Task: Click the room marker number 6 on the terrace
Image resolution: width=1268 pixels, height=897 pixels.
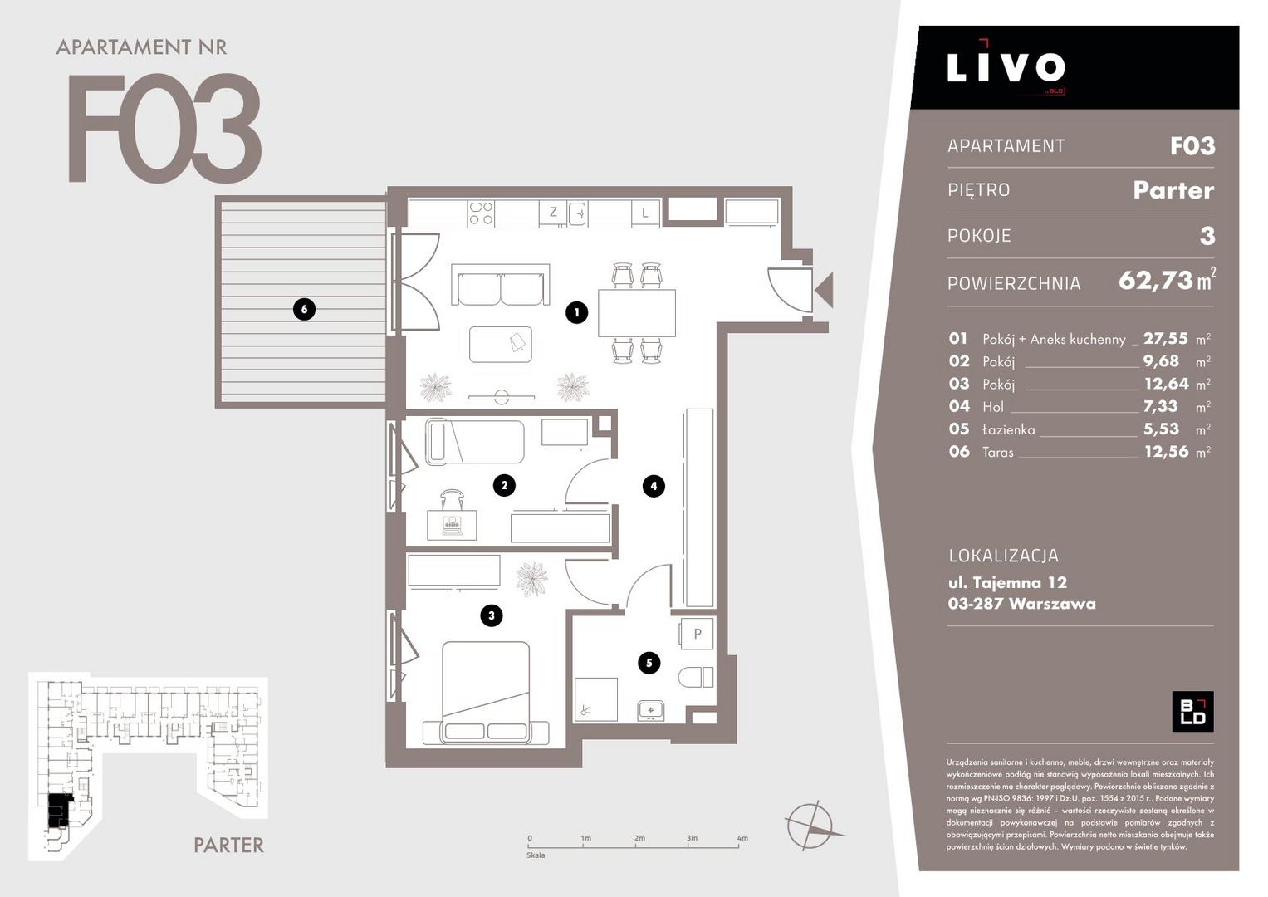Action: (x=304, y=309)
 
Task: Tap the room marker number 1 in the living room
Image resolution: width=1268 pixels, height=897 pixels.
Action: (x=576, y=312)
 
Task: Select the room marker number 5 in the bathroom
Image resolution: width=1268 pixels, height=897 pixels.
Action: (x=649, y=663)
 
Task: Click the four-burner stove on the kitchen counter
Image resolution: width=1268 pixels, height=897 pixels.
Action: (x=481, y=213)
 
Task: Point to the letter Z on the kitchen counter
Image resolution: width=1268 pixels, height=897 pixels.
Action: (x=553, y=212)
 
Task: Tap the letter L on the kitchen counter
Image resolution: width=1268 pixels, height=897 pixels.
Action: (x=644, y=213)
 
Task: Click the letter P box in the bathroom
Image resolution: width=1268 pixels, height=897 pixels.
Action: (x=697, y=634)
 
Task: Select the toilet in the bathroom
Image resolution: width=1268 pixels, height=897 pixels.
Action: (x=696, y=677)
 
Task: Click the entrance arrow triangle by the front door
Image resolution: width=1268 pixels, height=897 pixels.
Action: (x=824, y=290)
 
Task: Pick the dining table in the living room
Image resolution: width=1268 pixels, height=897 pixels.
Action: (x=637, y=313)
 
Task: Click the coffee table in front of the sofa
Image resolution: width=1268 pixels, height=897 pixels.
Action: (x=501, y=345)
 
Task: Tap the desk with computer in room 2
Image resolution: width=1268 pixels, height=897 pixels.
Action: (x=452, y=525)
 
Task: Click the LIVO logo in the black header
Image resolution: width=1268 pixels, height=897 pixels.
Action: (x=1006, y=66)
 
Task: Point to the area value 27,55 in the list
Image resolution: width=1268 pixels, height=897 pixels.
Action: (x=1166, y=338)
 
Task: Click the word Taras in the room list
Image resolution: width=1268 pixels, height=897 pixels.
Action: (x=998, y=452)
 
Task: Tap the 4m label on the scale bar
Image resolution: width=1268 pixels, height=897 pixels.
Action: (x=742, y=838)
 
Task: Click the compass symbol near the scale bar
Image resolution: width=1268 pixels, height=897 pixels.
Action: (x=810, y=826)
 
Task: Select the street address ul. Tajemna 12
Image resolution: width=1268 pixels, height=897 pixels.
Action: (x=1007, y=582)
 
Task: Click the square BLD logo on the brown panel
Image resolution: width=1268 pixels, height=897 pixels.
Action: (x=1192, y=711)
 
